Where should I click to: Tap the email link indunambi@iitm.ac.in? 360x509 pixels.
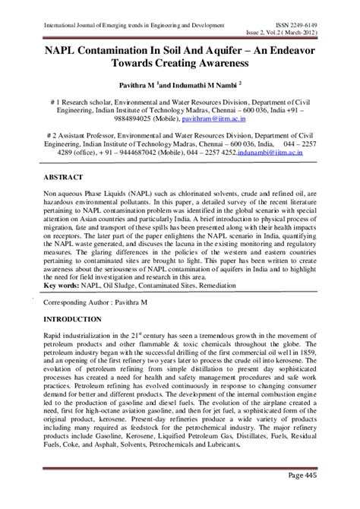[279, 151]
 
